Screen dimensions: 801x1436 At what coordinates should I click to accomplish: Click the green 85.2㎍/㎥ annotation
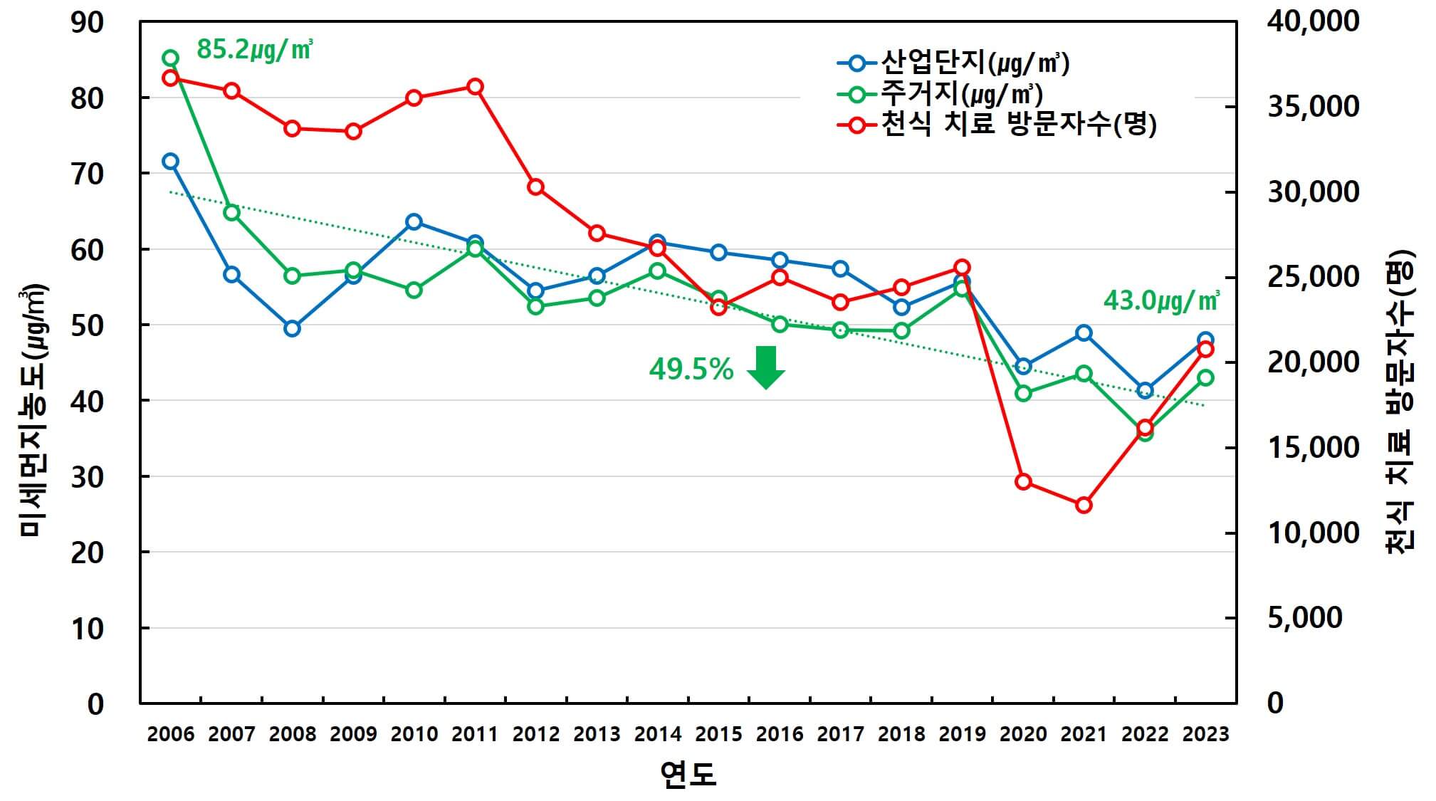[254, 50]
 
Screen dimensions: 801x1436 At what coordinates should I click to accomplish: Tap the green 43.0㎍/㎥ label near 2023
[1160, 300]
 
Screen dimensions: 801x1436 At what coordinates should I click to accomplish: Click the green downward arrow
[765, 367]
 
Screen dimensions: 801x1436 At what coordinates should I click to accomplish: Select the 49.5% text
[691, 370]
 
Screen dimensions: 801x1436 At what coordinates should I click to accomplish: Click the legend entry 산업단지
[974, 63]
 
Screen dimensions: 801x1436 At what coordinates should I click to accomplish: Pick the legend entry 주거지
[961, 94]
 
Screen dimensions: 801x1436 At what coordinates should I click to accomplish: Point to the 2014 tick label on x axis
[657, 734]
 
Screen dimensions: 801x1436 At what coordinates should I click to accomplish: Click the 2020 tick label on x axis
[1023, 734]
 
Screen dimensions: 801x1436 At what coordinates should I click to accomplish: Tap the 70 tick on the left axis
[87, 174]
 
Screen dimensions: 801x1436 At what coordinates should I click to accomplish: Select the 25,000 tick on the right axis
[1313, 277]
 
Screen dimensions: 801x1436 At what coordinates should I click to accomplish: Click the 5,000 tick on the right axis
[1304, 617]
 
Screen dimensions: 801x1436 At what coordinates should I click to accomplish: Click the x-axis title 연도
[688, 775]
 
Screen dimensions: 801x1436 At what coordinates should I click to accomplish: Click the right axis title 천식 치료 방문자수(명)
[1400, 402]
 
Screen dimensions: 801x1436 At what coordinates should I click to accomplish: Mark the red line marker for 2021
[1084, 506]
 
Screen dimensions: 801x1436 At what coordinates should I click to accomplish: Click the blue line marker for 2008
[292, 328]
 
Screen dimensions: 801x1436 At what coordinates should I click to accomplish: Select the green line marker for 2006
[170, 58]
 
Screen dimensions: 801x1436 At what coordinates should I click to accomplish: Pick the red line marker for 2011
[475, 87]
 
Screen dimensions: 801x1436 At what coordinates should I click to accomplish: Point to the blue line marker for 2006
[170, 161]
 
